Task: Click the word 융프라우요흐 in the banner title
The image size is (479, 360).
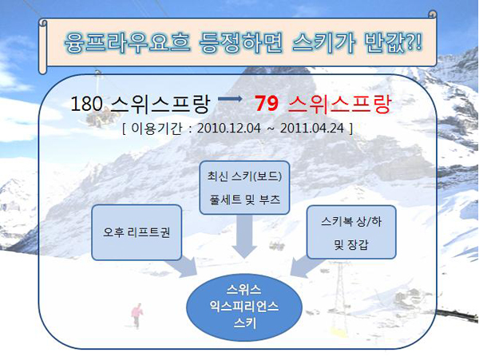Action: (127, 42)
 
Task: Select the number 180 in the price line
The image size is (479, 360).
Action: (86, 104)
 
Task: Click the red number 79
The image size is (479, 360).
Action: (267, 104)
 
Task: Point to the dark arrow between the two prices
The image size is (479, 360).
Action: (230, 99)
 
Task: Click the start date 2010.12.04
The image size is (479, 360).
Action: (229, 129)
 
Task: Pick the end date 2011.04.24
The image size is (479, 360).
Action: (312, 129)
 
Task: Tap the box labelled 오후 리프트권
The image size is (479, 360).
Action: (137, 232)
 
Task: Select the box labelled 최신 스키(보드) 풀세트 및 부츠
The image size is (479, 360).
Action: (244, 188)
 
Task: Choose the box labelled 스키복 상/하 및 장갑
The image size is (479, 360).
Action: (351, 232)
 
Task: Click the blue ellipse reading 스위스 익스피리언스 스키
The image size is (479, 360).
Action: (244, 307)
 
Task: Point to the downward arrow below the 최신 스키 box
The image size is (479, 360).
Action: (244, 236)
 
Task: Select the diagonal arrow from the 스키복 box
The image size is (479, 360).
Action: (307, 267)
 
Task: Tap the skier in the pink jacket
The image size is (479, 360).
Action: (137, 315)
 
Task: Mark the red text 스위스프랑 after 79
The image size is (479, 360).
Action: (339, 104)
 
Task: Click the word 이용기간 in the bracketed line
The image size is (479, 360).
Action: (156, 129)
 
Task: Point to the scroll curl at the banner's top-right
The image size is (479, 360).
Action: (432, 15)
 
